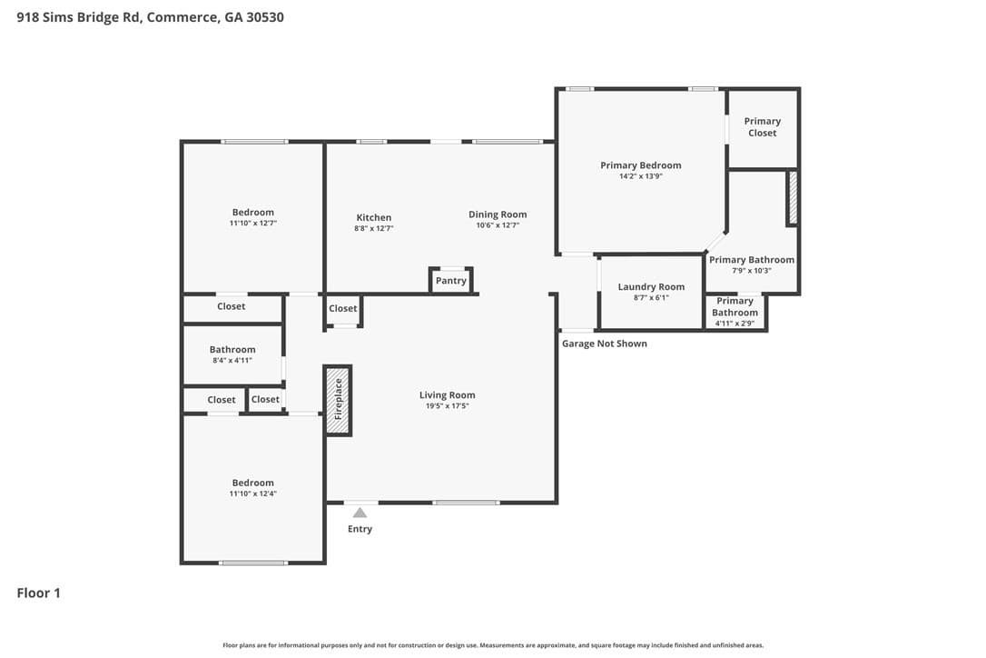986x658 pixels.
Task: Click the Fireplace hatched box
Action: click(x=338, y=400)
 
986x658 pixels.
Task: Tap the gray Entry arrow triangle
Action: click(x=360, y=513)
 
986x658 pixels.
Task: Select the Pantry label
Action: click(x=451, y=281)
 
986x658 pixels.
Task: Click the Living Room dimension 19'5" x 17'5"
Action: click(x=447, y=406)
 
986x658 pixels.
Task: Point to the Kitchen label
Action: click(x=373, y=217)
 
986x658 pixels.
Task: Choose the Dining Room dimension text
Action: click(x=498, y=225)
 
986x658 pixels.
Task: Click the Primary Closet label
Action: click(x=762, y=127)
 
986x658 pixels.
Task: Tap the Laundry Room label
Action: click(x=651, y=286)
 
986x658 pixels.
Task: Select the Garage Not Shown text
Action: click(x=605, y=344)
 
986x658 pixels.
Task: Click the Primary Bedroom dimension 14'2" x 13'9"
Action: click(x=641, y=176)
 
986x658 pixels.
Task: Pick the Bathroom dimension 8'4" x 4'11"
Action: click(x=232, y=361)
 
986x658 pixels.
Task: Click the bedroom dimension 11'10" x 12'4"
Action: click(x=252, y=493)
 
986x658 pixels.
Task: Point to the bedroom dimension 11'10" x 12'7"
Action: click(x=252, y=223)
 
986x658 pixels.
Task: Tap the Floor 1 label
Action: click(x=38, y=593)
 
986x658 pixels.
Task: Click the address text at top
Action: click(x=151, y=17)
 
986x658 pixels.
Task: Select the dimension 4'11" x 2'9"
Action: click(x=735, y=324)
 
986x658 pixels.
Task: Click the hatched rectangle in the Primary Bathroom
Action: click(x=793, y=198)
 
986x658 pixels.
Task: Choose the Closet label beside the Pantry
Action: click(x=342, y=308)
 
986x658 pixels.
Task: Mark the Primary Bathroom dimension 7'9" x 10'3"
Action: click(x=752, y=271)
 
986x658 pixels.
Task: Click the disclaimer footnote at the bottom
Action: click(x=493, y=645)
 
